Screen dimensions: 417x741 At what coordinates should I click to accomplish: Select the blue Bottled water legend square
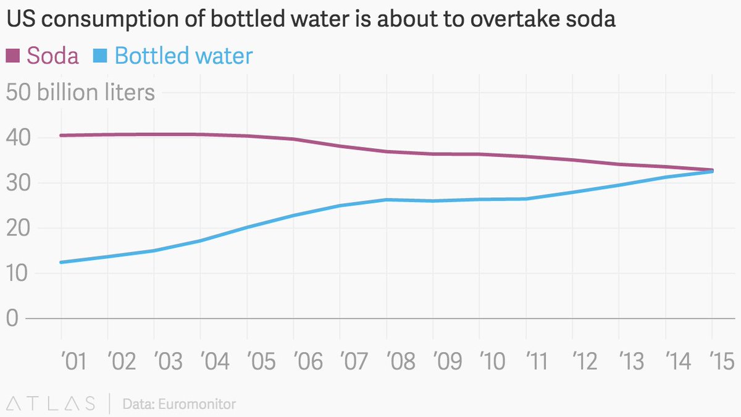99,56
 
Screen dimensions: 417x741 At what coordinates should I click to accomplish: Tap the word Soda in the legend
52,56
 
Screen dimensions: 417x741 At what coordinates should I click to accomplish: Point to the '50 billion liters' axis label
80,93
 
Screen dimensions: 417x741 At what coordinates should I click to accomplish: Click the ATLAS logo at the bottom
50,404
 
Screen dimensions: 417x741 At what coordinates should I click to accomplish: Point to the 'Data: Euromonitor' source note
179,405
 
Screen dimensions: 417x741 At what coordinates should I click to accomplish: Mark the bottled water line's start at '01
62,262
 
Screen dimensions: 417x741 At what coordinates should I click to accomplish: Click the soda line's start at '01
62,135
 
